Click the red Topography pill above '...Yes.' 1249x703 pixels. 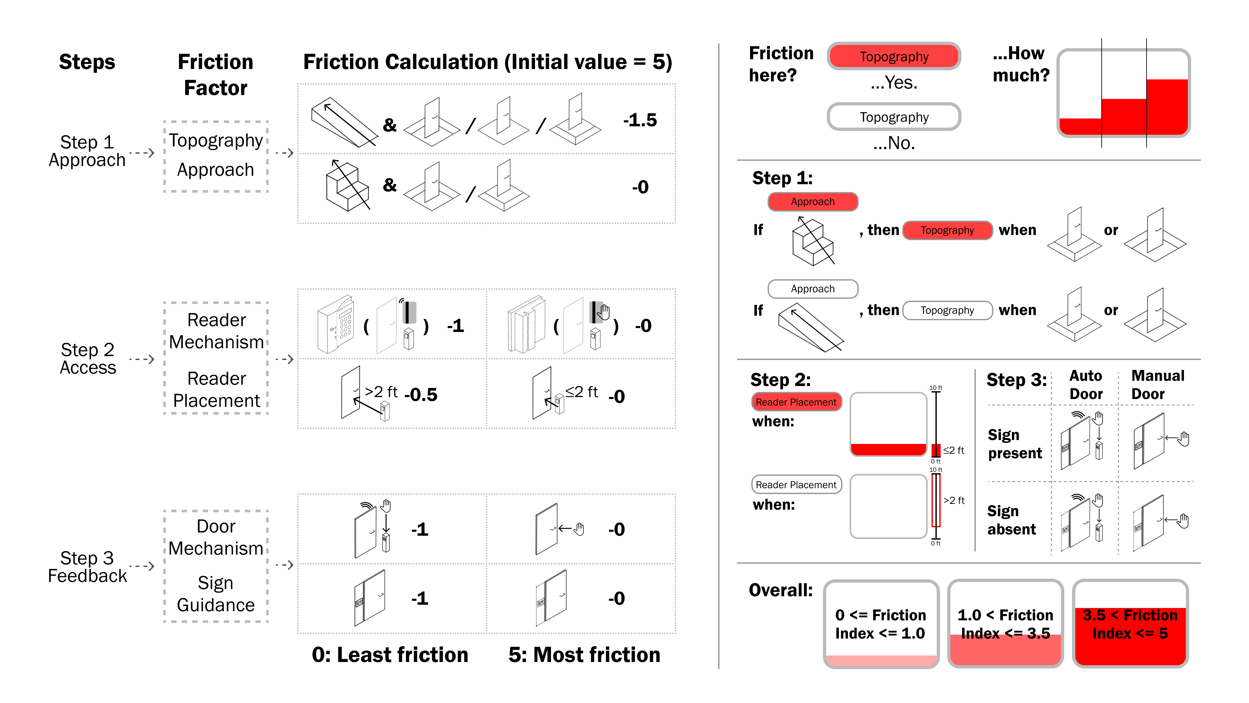point(893,56)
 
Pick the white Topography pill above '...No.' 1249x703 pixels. point(893,117)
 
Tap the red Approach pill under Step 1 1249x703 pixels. point(813,201)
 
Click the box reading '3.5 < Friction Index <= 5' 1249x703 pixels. point(1130,624)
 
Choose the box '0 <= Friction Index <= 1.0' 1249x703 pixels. point(880,624)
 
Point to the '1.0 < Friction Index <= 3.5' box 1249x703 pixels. point(1005,624)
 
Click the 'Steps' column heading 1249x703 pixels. point(87,62)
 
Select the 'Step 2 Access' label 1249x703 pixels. point(88,359)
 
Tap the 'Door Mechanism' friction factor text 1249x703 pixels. point(216,537)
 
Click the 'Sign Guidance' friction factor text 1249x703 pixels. point(216,594)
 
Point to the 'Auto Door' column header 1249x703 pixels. point(1086,385)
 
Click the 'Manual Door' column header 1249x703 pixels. point(1157,385)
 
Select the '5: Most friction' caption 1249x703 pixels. point(584,655)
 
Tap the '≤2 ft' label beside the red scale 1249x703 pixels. point(953,450)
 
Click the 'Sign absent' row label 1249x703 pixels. point(1012,520)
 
